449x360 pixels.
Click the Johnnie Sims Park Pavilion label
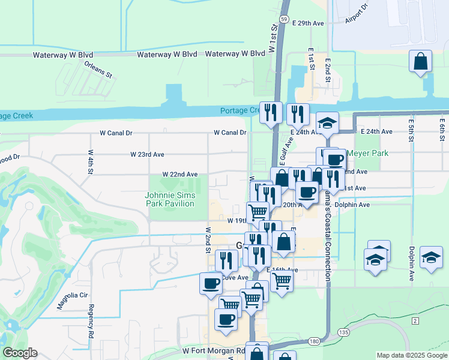coord(170,199)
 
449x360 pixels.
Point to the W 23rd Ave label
coord(147,154)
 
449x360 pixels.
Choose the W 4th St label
coord(91,162)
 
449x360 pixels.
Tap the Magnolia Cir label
coord(72,295)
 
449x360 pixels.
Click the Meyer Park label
coord(367,153)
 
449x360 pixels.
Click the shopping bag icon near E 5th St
coord(421,61)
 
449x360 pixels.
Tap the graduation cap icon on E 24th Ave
coord(327,123)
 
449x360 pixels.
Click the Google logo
coord(19,353)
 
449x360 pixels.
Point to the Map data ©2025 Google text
coord(411,355)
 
